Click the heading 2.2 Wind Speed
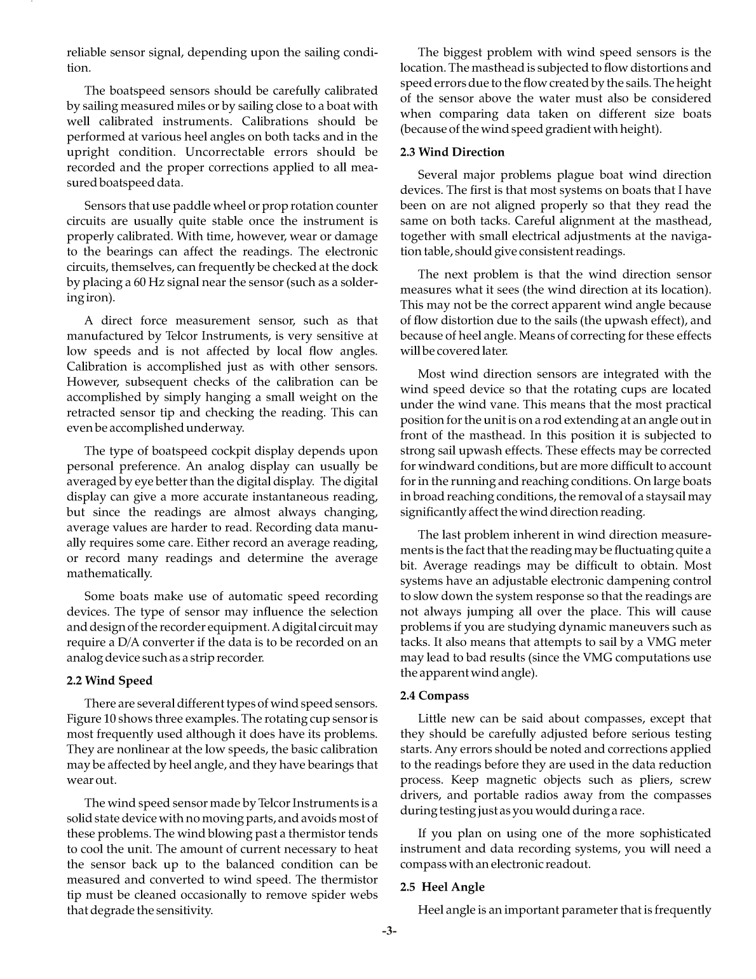point(110,681)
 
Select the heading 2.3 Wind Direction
point(452,152)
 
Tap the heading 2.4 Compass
point(435,696)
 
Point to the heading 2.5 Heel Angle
point(442,887)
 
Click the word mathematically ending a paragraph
point(109,573)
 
